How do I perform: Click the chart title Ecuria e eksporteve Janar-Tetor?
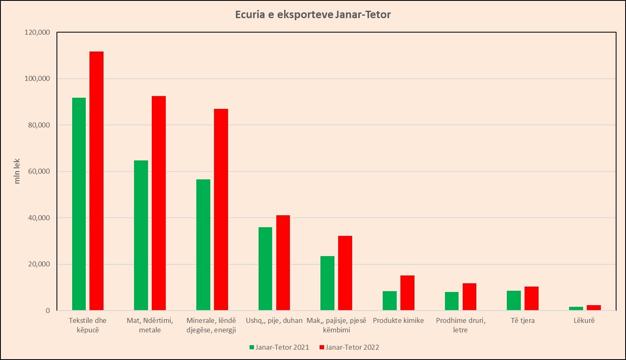pos(313,15)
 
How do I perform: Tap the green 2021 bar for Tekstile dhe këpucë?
pos(79,204)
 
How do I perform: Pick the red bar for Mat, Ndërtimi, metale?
pos(159,203)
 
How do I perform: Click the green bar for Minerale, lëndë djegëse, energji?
pos(203,245)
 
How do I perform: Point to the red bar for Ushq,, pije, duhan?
pos(283,263)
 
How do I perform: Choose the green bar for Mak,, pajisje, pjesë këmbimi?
pos(327,283)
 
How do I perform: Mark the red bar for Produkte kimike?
pos(407,293)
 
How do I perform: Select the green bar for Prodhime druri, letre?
pos(452,301)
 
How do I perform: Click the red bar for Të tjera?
pos(532,298)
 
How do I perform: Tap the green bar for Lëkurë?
pos(576,308)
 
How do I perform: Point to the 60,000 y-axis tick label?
pos(38,172)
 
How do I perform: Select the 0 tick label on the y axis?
pos(48,311)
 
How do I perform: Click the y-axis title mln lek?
pos(17,171)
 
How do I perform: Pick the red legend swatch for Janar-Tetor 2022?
pos(322,347)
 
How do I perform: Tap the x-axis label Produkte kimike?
pos(398,320)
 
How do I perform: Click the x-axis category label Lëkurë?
pos(584,320)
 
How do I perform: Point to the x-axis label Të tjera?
pos(522,320)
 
